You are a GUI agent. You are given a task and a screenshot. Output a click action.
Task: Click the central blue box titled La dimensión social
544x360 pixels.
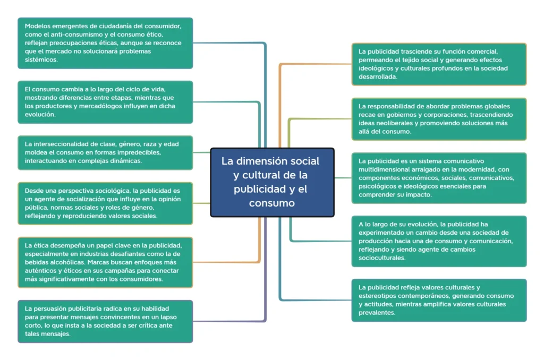272,183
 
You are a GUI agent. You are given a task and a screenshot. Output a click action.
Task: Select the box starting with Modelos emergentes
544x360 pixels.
105,43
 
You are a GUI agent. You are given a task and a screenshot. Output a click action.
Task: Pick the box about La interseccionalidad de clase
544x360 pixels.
105,152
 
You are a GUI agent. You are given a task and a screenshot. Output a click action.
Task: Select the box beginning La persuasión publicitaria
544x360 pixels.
105,321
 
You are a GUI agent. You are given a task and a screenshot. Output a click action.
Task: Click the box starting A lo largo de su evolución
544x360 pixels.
439,242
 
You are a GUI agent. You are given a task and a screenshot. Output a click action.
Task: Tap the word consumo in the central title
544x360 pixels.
271,203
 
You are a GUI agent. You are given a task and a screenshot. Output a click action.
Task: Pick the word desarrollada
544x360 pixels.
378,76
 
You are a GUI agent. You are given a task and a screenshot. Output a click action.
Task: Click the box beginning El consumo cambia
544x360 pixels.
105,102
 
